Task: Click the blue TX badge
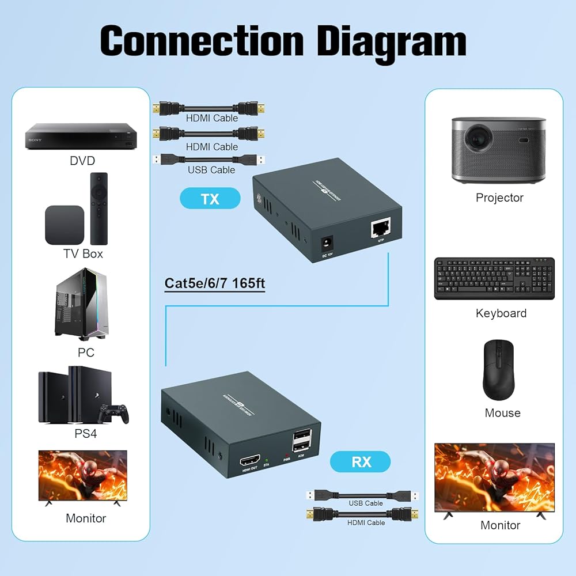[210, 199]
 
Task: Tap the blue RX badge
[360, 461]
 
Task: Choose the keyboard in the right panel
[494, 278]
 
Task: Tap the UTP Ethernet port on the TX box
[380, 229]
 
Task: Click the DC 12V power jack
[326, 241]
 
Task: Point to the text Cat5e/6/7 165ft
[215, 283]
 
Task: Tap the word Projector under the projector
[499, 198]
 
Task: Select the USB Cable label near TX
[211, 170]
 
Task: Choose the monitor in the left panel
[82, 476]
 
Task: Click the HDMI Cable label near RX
[366, 522]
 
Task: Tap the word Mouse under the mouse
[502, 413]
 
